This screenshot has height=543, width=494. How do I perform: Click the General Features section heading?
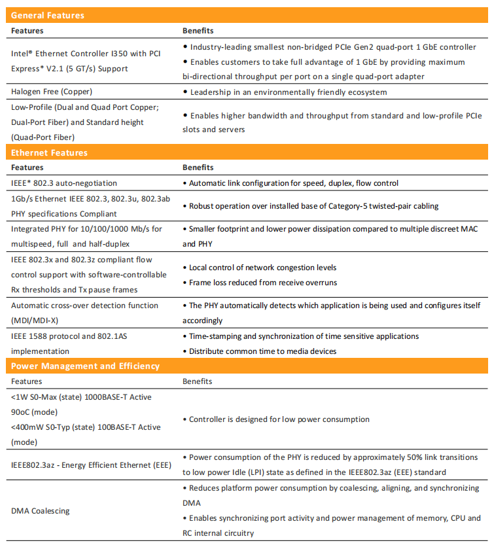point(48,15)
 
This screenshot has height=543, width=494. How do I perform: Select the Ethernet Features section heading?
point(49,152)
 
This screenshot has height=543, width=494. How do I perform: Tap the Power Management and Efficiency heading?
point(86,366)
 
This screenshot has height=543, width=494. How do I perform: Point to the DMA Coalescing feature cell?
point(41,510)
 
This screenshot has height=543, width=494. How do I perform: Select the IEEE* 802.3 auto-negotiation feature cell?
point(64,183)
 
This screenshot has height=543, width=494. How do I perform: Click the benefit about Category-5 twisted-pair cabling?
point(313,206)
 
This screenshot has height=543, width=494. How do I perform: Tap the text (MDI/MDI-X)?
point(35,321)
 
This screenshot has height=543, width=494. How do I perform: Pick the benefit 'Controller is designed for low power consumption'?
point(279,419)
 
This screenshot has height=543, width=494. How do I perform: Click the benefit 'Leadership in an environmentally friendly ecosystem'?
point(288,92)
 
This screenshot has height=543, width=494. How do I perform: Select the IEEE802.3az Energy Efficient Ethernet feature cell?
point(92,464)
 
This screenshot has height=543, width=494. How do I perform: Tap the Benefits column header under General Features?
point(198,31)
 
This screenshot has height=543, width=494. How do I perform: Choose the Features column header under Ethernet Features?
point(27,167)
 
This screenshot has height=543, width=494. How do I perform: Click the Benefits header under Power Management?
point(198,381)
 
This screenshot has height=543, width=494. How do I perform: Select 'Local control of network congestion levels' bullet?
point(263,268)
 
